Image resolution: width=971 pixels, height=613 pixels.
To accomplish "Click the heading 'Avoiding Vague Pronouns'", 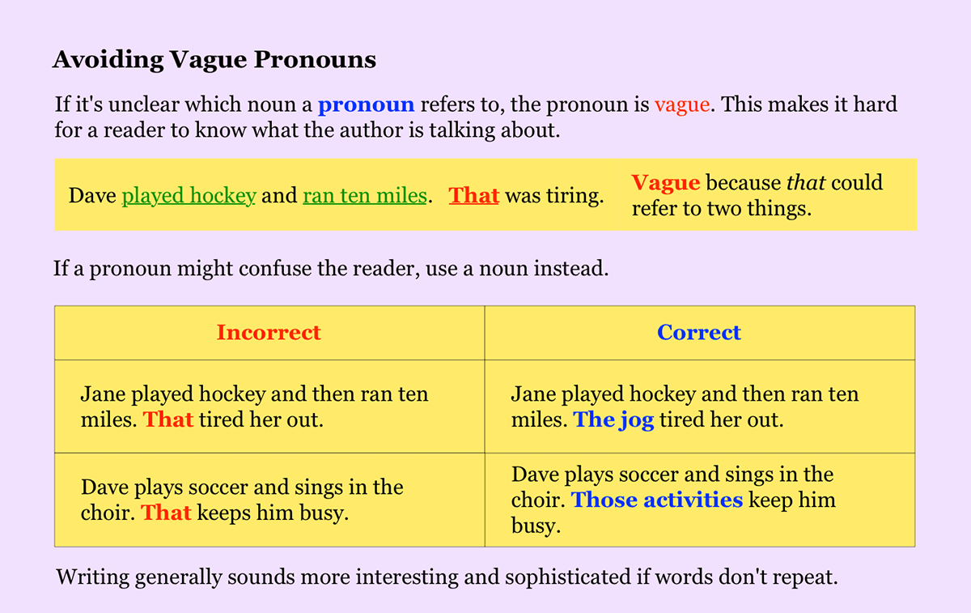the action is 214,60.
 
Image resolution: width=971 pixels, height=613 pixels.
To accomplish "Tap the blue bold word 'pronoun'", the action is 367,105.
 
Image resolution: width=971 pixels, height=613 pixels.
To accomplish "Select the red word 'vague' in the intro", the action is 682,105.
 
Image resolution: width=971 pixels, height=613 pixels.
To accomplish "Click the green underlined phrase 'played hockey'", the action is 189,196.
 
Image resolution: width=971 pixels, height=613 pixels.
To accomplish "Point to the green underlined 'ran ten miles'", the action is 365,195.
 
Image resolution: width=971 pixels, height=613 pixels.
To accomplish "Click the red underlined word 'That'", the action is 474,195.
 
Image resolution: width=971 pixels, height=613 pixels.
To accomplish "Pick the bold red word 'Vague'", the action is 665,183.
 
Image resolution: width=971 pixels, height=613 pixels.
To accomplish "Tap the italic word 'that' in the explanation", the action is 806,183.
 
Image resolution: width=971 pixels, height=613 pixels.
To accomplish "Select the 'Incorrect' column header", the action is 269,333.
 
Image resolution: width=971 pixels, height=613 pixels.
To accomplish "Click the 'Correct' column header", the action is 699,333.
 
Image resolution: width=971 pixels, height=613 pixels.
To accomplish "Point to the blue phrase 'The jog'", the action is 613,420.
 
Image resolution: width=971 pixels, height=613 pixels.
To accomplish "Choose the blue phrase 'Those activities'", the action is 657,500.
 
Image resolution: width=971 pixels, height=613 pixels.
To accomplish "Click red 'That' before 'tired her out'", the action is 168,420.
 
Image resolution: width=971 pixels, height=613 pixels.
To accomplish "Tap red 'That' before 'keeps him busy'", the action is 166,513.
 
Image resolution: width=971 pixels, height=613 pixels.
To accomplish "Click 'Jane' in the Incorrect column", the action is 104,394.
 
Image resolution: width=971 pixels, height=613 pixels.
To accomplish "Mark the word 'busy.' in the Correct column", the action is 536,526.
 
